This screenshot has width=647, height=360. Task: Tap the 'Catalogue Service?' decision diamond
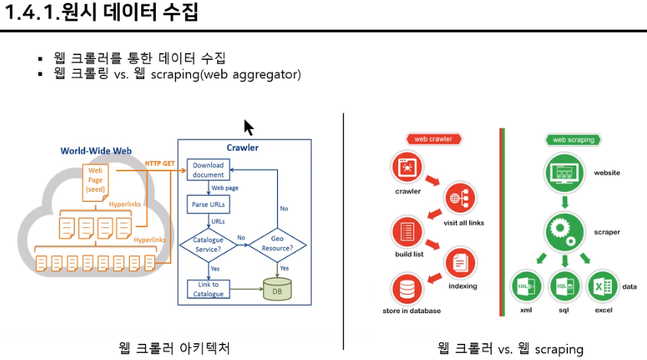[x=208, y=245]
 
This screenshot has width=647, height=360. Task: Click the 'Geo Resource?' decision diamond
[x=277, y=244]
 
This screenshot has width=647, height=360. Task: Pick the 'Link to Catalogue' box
[x=209, y=289]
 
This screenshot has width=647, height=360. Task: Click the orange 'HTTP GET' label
[x=160, y=163]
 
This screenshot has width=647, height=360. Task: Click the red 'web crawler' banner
[x=433, y=139]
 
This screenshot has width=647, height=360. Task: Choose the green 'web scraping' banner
[x=574, y=140]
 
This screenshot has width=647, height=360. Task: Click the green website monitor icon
[x=565, y=173]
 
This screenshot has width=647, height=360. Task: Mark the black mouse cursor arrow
[x=248, y=127]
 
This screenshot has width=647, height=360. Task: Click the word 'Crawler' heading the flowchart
[x=243, y=148]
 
